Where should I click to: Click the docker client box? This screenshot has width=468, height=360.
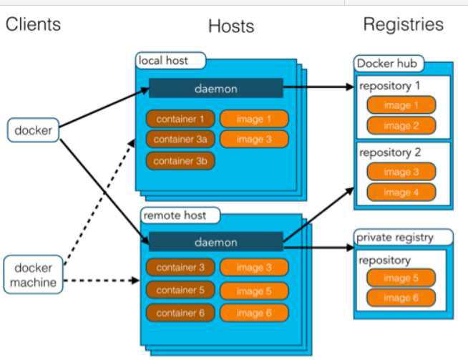pyautogui.click(x=33, y=130)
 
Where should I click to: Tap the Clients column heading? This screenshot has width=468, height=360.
pyautogui.click(x=33, y=24)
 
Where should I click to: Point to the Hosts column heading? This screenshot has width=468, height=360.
pyautogui.click(x=231, y=26)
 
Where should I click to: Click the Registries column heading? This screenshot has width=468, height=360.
pyautogui.click(x=403, y=24)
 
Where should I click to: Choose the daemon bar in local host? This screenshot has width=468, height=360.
pyautogui.click(x=215, y=89)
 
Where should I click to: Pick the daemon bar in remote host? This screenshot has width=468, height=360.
pyautogui.click(x=215, y=243)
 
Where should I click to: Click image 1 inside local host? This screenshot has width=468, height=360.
pyautogui.click(x=254, y=119)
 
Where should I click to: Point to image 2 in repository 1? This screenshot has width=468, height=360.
pyautogui.click(x=401, y=126)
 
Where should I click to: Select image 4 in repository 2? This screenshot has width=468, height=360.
pyautogui.click(x=401, y=192)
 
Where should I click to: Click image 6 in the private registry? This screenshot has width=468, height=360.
pyautogui.click(x=401, y=298)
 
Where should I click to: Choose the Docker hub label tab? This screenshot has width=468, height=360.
pyautogui.click(x=386, y=64)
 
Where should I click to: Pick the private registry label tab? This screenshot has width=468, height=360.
pyautogui.click(x=404, y=237)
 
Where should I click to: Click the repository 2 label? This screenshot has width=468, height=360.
pyautogui.click(x=391, y=152)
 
